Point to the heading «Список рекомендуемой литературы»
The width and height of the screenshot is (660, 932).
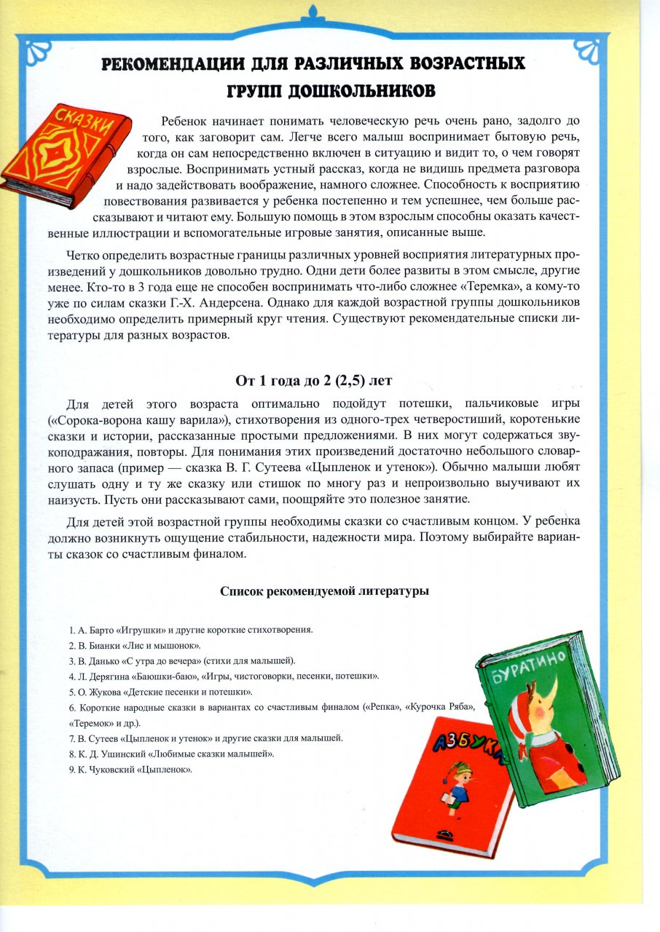[x=324, y=591]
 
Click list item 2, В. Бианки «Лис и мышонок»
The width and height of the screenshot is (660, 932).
[x=135, y=645]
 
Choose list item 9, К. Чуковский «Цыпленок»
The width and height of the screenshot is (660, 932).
[x=131, y=770]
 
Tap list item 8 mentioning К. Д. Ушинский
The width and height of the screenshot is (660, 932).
[x=172, y=754]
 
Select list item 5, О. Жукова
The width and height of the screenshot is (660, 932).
[x=160, y=692]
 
